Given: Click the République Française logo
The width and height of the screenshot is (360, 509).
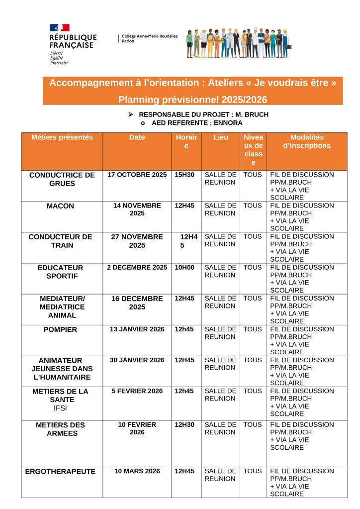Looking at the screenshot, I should pyautogui.click(x=72, y=44).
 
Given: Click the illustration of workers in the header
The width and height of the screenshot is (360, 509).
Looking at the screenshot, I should pyautogui.click(x=239, y=42).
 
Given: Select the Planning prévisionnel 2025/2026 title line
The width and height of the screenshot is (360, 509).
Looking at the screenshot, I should pyautogui.click(x=193, y=100).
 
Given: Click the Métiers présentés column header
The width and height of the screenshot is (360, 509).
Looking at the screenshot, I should pyautogui.click(x=62, y=137).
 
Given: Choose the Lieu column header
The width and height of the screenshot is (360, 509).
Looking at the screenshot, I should pyautogui.click(x=220, y=137).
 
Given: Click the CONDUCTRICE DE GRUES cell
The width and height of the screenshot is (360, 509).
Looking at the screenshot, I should pyautogui.click(x=62, y=179).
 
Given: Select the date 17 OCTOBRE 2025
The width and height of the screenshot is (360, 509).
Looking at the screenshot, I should pyautogui.click(x=137, y=175).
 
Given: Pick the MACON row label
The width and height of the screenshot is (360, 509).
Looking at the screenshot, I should pyautogui.click(x=62, y=206).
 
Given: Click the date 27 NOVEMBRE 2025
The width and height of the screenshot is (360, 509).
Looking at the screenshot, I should pyautogui.click(x=137, y=241).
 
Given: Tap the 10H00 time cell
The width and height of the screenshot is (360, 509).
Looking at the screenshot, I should pyautogui.click(x=184, y=268).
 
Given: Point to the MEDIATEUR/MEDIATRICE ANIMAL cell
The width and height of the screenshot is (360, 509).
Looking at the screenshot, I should pyautogui.click(x=62, y=306).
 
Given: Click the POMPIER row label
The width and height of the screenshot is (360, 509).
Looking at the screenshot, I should pyautogui.click(x=62, y=329).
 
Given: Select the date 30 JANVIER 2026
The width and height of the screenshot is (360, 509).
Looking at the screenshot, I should pyautogui.click(x=137, y=360).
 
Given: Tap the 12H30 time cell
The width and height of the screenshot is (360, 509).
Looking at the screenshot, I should pyautogui.click(x=184, y=425).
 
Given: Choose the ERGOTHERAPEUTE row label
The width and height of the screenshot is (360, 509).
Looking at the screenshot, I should pyautogui.click(x=60, y=472).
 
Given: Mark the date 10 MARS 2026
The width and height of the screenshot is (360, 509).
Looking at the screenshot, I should pyautogui.click(x=137, y=471).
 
